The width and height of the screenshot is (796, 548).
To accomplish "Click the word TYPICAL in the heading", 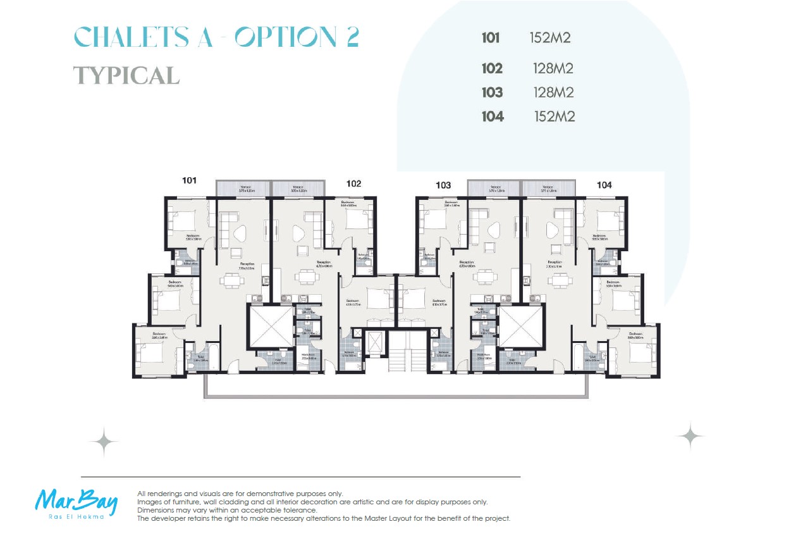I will (126, 75).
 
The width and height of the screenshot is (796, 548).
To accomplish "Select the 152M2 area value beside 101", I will (550, 38).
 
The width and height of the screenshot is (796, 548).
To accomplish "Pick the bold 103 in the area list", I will (492, 92).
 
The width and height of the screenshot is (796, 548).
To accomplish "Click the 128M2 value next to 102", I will (553, 68).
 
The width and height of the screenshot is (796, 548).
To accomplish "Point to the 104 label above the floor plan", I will (604, 185).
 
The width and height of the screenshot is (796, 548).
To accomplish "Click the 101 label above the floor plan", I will (189, 180).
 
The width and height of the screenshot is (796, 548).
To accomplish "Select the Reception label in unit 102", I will (323, 262).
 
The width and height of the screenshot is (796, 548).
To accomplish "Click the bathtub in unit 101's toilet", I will (213, 358).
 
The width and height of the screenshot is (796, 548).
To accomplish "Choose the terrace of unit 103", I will (494, 188).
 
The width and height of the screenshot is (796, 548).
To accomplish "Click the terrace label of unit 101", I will (245, 187).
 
